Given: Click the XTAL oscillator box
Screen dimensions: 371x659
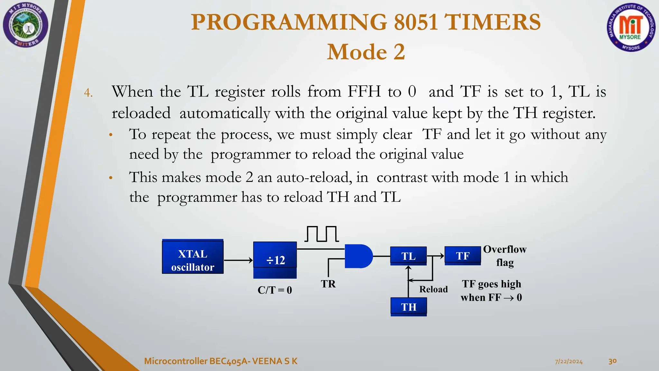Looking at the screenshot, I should coord(192,257).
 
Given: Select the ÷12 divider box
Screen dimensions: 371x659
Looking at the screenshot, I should coord(275,260).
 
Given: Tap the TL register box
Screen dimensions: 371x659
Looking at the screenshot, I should coord(408,256).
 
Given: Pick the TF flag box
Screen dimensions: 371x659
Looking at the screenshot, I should coord(462,256).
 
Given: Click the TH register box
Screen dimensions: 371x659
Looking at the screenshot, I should coord(408,307).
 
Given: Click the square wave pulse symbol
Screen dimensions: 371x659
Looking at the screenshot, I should coord(321,234).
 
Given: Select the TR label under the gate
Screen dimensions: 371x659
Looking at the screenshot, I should coord(328,284).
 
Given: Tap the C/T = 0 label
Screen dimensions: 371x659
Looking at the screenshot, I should coord(274,290).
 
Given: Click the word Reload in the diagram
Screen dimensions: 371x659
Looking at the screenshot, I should coord(433,289).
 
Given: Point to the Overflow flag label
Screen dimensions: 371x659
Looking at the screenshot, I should coord(505,255).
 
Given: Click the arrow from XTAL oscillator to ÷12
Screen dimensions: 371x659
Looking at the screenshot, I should coord(238,260).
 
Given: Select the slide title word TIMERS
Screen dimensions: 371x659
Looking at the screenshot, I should coord(492,22).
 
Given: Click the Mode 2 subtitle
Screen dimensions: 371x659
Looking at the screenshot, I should coord(366,52).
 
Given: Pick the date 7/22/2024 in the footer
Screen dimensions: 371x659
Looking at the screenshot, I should coord(569,361).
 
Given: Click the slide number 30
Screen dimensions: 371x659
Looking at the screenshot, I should coord(612,361).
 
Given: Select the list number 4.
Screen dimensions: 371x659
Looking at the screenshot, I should coord(88,93).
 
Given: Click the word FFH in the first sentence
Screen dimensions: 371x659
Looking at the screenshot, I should coord(364,91).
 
